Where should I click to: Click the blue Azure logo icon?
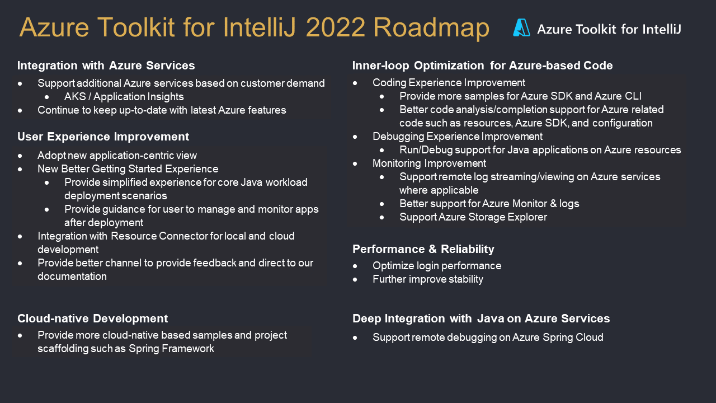pyautogui.click(x=521, y=27)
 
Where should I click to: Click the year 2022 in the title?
pyautogui.click(x=335, y=27)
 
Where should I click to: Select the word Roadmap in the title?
pyautogui.click(x=431, y=29)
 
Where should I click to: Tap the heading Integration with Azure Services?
pyautogui.click(x=106, y=65)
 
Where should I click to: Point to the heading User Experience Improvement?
pyautogui.click(x=103, y=137)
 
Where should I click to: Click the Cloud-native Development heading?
pyautogui.click(x=92, y=318)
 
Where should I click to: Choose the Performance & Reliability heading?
pyautogui.click(x=423, y=249)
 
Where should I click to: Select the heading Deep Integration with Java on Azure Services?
pyautogui.click(x=481, y=318)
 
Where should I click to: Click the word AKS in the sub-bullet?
pyautogui.click(x=75, y=97)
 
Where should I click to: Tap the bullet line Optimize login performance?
pyautogui.click(x=437, y=266)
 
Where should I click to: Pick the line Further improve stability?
pyautogui.click(x=428, y=279)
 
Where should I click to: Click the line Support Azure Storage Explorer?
pyautogui.click(x=473, y=217)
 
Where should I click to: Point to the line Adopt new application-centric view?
pyautogui.click(x=117, y=156)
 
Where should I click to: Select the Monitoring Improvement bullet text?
pyautogui.click(x=429, y=163)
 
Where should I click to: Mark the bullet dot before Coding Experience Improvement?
pyautogui.click(x=355, y=83)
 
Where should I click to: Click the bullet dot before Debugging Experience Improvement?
pyautogui.click(x=355, y=137)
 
